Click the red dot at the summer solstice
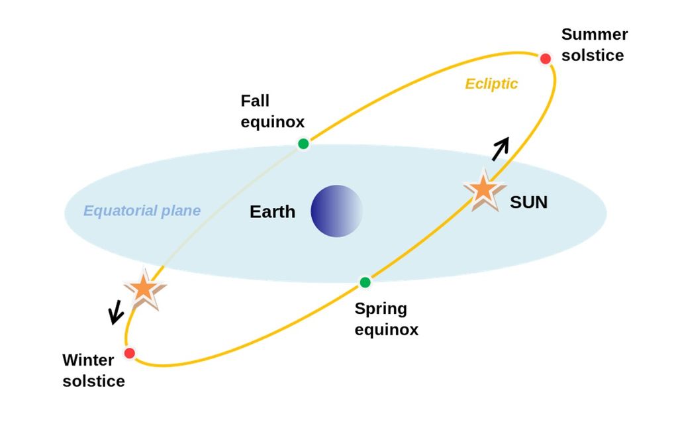tap(546, 59)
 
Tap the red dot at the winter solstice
tap(130, 353)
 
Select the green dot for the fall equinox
tap(303, 144)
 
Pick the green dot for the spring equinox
tap(365, 283)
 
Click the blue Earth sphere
tap(337, 211)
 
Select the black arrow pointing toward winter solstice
tap(116, 312)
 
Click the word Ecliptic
tap(491, 84)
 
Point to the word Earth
tap(272, 212)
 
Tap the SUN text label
tap(528, 203)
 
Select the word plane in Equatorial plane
tap(181, 211)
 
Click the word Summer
tap(594, 34)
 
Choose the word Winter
tap(88, 360)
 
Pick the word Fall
tap(255, 101)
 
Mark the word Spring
tap(381, 309)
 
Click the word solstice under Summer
tap(592, 55)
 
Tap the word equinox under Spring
tap(387, 329)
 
